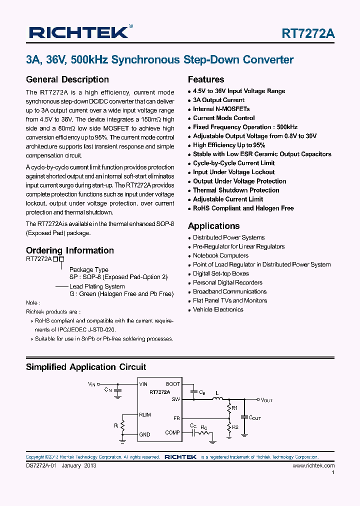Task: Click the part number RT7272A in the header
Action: pyautogui.click(x=308, y=34)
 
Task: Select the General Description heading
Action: pyautogui.click(x=67, y=79)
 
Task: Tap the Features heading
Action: pyautogui.click(x=206, y=79)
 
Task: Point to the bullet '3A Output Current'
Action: pyautogui.click(x=218, y=100)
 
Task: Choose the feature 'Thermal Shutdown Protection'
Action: pyautogui.click(x=236, y=190)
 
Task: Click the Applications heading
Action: pyautogui.click(x=213, y=226)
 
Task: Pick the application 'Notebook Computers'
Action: pyautogui.click(x=220, y=255)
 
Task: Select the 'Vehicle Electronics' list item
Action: pyautogui.click(x=218, y=309)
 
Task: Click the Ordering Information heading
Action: pyautogui.click(x=69, y=250)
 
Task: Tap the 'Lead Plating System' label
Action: pyautogui.click(x=97, y=286)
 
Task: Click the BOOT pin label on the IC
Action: pyautogui.click(x=173, y=384)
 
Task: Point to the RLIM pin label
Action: pyautogui.click(x=145, y=414)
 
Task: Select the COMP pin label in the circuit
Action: pyautogui.click(x=172, y=432)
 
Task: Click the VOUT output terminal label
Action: pyautogui.click(x=266, y=400)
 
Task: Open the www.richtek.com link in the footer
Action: pyautogui.click(x=313, y=465)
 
